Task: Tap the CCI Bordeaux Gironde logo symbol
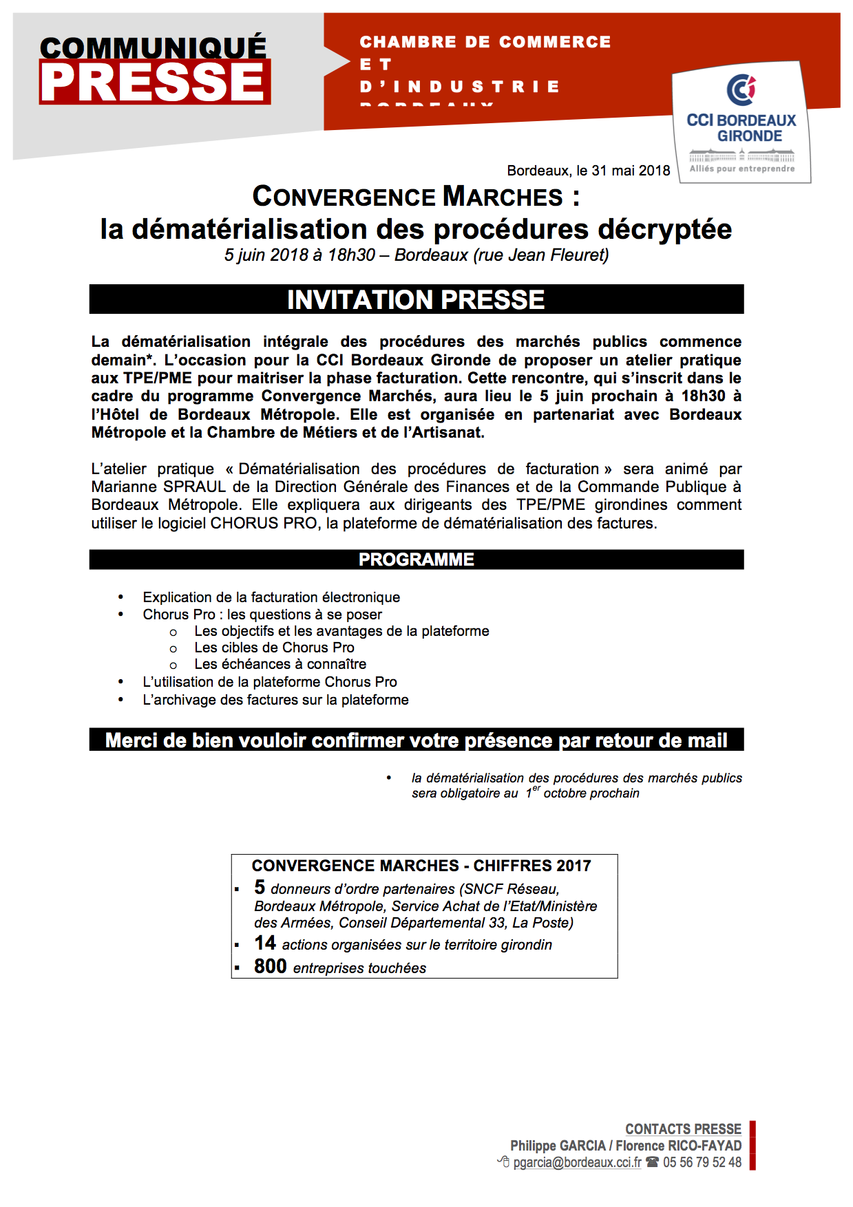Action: point(741,89)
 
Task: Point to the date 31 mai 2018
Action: point(623,171)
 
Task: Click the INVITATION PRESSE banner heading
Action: point(416,300)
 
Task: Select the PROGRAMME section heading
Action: point(416,559)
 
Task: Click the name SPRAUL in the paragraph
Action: point(195,487)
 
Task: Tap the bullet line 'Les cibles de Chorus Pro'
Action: point(274,648)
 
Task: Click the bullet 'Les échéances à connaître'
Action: point(280,664)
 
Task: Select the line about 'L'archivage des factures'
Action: point(275,700)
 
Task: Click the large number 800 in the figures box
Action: point(270,966)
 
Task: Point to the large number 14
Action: point(265,943)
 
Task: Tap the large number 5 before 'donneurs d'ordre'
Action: point(260,887)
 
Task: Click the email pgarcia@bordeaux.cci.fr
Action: point(577,1162)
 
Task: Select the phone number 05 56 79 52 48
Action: point(702,1162)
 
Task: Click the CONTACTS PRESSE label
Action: point(683,1129)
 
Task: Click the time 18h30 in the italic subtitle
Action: point(351,255)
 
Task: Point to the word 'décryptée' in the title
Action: point(664,229)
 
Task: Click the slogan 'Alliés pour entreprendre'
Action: point(742,169)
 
